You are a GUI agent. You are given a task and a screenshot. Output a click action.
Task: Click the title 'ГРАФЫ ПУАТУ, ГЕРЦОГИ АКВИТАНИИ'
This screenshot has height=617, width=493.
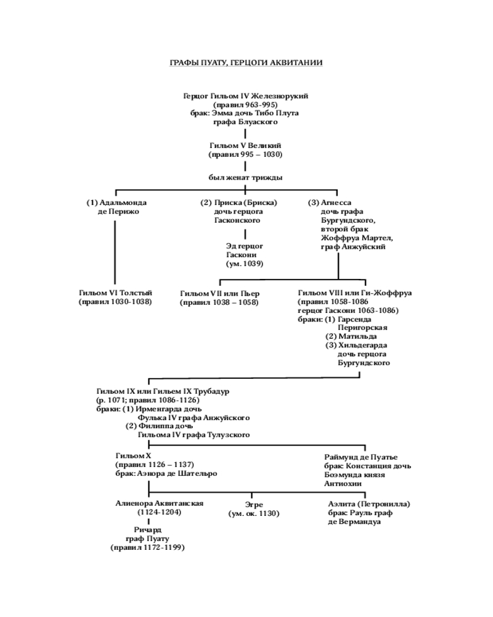(x=246, y=63)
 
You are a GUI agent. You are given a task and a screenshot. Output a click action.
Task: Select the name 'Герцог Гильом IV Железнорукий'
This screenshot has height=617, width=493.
(x=246, y=96)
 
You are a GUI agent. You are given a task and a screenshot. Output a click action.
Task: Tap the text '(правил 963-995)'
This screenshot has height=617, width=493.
(x=246, y=105)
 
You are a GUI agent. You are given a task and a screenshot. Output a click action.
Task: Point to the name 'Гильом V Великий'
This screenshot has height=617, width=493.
(x=245, y=146)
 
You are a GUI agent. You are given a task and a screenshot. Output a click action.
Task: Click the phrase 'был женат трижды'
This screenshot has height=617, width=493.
(x=245, y=178)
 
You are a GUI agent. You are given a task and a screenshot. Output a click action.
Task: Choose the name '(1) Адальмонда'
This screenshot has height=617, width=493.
(x=116, y=202)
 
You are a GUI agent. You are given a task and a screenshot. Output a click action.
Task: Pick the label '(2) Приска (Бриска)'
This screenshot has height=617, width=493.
(x=238, y=202)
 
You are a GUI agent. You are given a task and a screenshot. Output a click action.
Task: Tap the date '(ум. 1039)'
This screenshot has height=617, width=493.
(x=245, y=263)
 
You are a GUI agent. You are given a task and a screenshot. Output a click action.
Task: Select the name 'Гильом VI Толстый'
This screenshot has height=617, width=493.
(x=115, y=293)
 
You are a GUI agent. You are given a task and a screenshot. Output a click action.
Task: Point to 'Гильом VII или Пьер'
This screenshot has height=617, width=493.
(x=220, y=294)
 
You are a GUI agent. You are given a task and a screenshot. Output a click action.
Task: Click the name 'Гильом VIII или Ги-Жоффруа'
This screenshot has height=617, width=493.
(x=354, y=293)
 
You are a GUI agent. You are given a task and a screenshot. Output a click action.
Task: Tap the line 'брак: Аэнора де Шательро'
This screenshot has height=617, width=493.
(x=166, y=474)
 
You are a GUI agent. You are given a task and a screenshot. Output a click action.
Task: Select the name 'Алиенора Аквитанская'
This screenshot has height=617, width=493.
(x=159, y=503)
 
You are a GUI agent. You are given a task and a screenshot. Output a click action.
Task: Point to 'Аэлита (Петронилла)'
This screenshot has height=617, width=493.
(x=369, y=504)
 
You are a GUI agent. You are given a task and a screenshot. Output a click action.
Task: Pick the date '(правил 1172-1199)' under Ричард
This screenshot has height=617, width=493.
(x=148, y=547)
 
